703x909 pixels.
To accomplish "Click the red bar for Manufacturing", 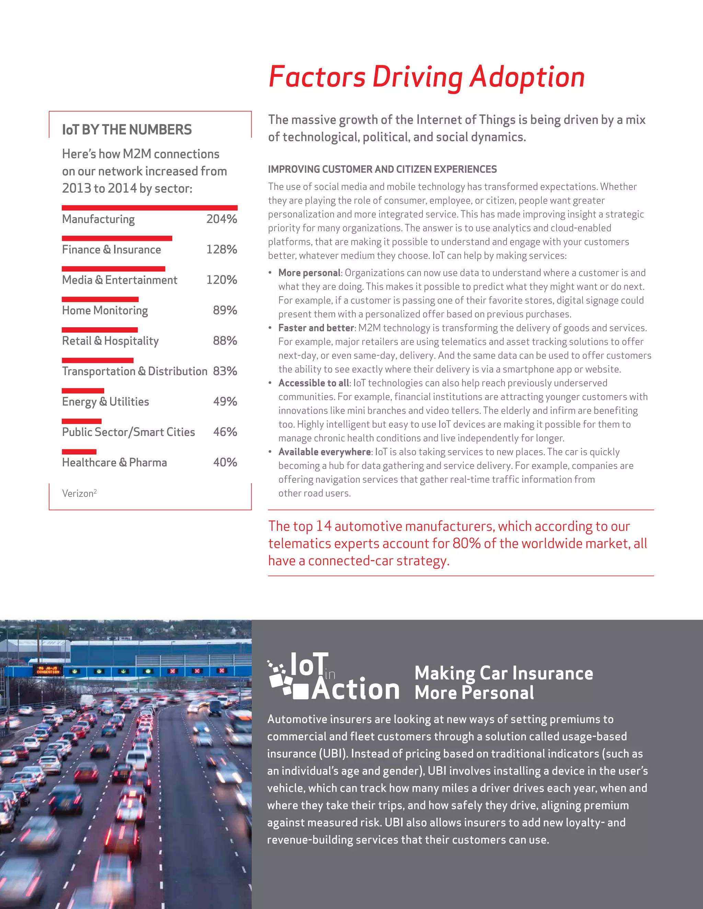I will tap(150, 208).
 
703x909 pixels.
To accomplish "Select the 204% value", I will tap(221, 219).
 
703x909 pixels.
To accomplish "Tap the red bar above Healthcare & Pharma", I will tap(79, 452).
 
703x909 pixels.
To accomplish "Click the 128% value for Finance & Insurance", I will tap(221, 249).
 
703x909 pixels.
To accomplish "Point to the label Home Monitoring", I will tap(105, 310).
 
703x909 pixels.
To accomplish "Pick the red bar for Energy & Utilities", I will tap(83, 391).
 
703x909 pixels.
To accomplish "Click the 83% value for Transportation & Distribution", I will tap(225, 371).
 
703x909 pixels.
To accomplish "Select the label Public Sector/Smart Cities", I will tap(128, 432).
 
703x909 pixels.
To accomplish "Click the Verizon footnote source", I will tap(79, 493).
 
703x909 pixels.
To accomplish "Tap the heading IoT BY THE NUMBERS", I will tap(127, 130).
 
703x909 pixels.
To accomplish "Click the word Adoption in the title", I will tap(527, 78).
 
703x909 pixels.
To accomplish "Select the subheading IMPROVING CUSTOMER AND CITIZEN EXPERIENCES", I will tap(382, 169).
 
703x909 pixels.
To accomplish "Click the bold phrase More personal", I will tap(309, 273).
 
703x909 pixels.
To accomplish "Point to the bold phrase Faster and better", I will tap(316, 328).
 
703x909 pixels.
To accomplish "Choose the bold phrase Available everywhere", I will tap(324, 452).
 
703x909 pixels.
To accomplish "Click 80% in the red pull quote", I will tap(466, 544).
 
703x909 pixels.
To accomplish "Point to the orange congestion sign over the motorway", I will tap(47, 670).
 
